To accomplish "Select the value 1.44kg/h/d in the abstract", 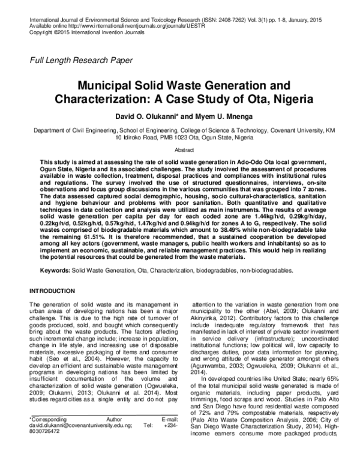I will (248, 216).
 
